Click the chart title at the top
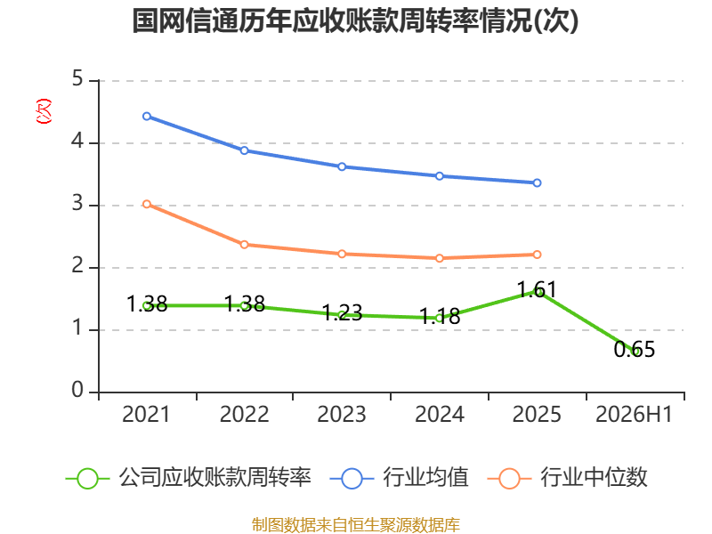355,20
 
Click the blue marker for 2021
147,117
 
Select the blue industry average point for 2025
537,182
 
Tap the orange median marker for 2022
244,245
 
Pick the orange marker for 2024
440,258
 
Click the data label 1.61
537,290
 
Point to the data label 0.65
635,349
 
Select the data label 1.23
342,313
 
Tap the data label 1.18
440,316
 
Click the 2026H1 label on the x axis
634,414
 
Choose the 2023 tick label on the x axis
342,414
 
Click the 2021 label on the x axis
146,414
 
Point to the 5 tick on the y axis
77,79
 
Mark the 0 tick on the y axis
77,390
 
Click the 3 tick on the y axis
77,204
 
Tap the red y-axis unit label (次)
44,111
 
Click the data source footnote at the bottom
356,524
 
